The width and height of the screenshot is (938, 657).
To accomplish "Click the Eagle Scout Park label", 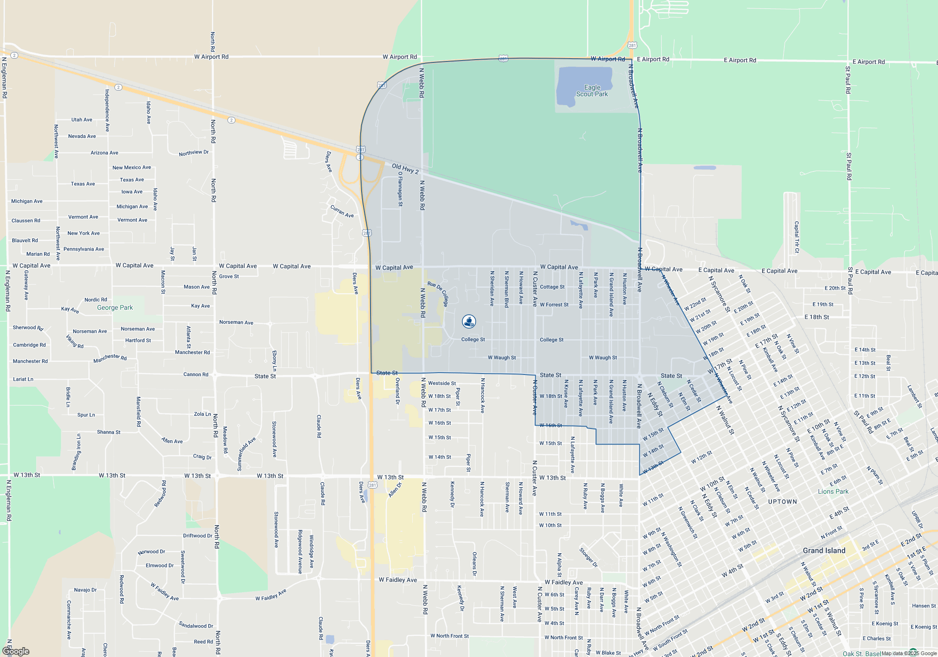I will (592, 91).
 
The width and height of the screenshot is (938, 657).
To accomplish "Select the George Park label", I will (115, 307).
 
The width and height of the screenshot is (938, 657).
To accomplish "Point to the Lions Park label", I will (833, 491).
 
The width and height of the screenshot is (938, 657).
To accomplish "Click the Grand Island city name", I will (824, 550).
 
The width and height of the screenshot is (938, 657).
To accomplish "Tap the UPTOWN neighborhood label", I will (782, 502).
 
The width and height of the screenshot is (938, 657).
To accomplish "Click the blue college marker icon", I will (469, 321).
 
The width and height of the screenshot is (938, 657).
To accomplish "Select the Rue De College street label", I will (439, 293).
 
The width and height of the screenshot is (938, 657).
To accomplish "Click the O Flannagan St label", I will (400, 189).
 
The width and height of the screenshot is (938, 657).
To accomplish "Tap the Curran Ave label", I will (342, 211).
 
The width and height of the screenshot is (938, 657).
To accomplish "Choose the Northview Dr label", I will (194, 153).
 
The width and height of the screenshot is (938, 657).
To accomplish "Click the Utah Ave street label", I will (82, 120).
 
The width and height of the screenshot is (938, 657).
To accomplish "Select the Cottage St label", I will (552, 287).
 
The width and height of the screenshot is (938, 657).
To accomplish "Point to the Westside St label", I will (442, 383).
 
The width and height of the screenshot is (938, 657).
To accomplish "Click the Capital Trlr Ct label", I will (796, 237).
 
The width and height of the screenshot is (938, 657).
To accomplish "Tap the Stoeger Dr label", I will (588, 557).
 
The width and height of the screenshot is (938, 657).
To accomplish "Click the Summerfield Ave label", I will (246, 454).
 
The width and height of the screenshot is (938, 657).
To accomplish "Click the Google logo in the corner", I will (16, 651).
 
